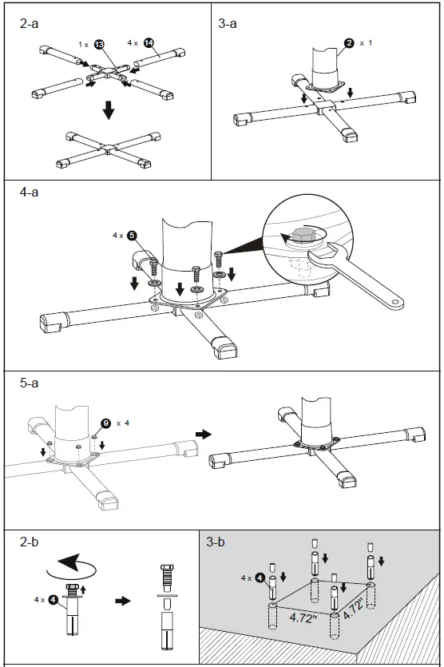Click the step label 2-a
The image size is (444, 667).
[x=30, y=24]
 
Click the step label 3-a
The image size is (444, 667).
[x=228, y=24]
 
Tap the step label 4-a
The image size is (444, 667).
[x=30, y=193]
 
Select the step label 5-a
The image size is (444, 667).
[x=30, y=383]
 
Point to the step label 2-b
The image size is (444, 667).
[x=30, y=542]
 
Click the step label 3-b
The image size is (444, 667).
[x=216, y=543]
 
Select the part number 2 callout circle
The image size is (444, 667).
[x=348, y=42]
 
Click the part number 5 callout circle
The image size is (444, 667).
[x=132, y=236]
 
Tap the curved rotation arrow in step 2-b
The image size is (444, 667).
[x=70, y=570]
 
